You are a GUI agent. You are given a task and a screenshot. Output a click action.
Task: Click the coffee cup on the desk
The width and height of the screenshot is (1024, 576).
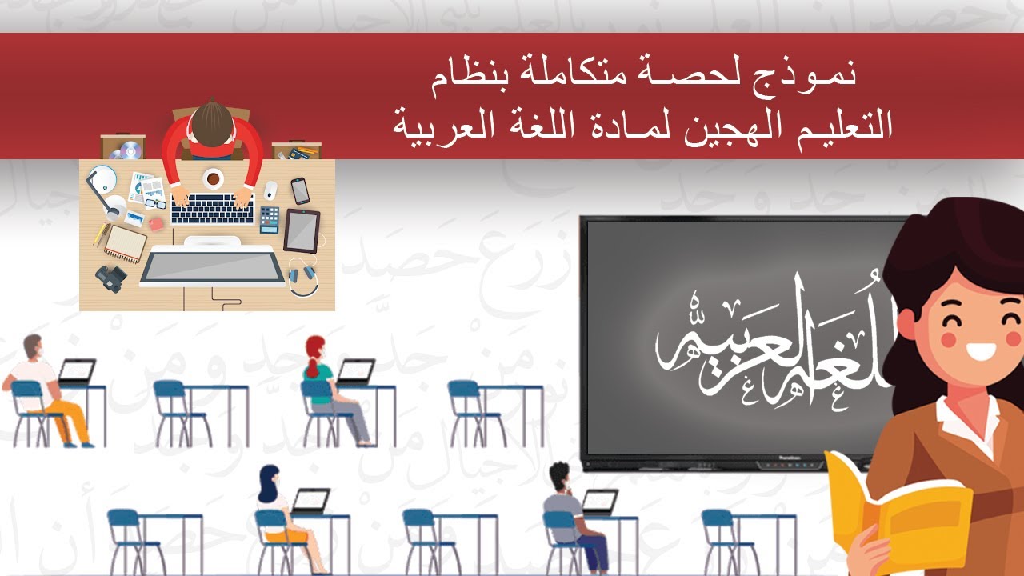pos(213,178)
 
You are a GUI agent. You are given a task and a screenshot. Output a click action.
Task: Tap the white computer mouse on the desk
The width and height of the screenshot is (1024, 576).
pos(271,190)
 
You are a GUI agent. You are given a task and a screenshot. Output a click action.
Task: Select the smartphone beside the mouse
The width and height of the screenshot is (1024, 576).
pos(300,190)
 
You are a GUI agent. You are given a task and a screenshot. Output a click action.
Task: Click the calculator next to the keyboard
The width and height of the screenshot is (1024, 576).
pos(270,218)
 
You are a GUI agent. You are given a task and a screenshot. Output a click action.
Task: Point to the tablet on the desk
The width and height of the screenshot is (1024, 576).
pos(302,230)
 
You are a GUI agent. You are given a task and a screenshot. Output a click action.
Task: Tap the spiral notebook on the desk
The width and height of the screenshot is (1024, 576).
pos(126,242)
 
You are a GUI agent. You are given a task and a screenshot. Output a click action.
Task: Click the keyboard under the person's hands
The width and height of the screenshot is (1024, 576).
pos(213,210)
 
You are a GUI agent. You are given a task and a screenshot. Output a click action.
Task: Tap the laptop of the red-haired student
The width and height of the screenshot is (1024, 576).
pos(355,371)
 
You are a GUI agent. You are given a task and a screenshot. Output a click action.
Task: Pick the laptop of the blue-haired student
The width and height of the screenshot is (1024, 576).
pos(310,500)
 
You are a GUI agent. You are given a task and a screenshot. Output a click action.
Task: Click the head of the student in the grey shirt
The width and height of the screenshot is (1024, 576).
pos(560,474)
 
